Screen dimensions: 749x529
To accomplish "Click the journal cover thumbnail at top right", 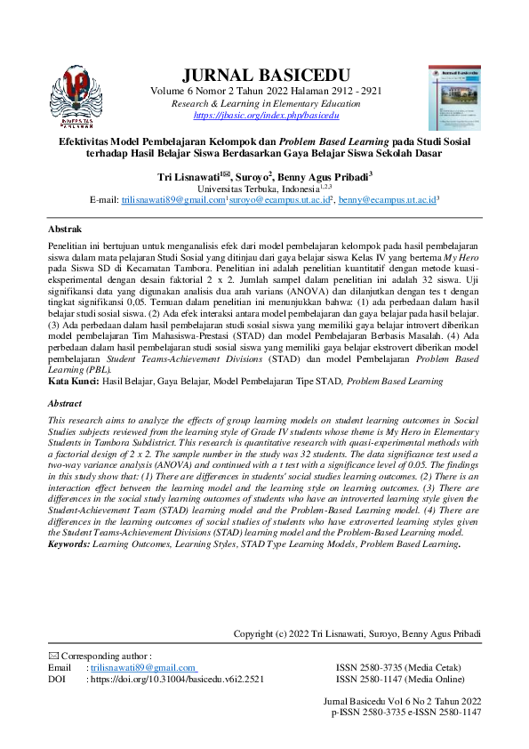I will pos(453,95).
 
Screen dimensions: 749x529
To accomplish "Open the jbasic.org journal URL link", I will pos(266,116).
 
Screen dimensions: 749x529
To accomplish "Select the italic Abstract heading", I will pos(64,403).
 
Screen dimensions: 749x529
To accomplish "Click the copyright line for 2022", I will pos(357,633).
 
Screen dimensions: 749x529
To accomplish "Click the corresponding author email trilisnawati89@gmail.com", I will pos(143,667).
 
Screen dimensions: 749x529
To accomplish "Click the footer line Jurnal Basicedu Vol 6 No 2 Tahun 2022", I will pos(405,702).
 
